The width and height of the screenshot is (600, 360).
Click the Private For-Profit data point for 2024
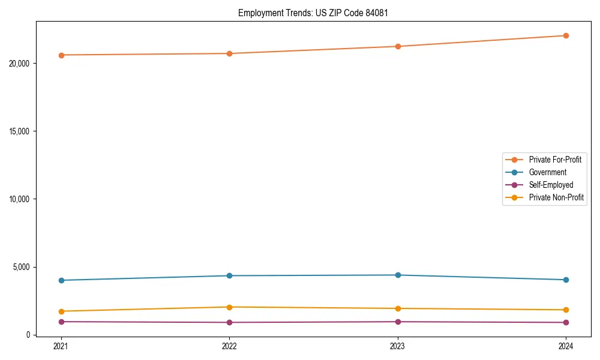pos(566,35)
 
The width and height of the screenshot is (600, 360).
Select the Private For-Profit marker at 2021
pos(61,55)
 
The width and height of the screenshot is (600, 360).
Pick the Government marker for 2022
pos(229,275)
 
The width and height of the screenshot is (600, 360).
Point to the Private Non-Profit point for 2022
pos(229,307)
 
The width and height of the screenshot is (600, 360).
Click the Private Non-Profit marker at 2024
pos(566,310)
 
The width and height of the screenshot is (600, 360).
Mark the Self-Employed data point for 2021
pos(61,322)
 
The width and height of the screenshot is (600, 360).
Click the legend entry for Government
pos(547,172)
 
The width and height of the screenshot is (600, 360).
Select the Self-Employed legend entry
pos(551,185)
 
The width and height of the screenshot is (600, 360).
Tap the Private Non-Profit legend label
pos(556,197)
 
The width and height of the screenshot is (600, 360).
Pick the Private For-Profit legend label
pos(554,160)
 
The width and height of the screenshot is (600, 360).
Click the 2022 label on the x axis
pos(229,346)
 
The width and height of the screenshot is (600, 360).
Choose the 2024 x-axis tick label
pos(566,346)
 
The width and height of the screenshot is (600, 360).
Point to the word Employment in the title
pos(258,13)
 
